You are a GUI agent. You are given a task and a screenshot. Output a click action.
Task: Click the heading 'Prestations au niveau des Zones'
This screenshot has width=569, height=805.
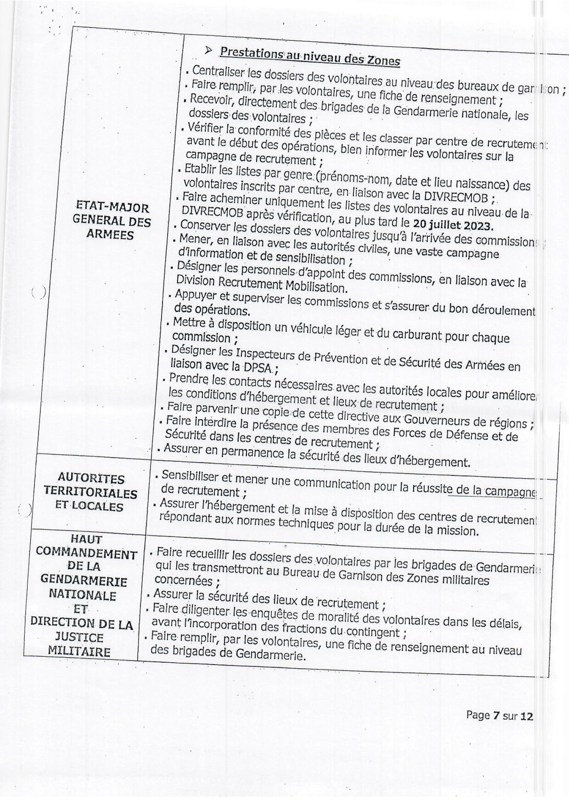pos(310,56)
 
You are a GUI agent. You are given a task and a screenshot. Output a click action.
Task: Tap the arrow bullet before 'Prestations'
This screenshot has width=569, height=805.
pos(209,51)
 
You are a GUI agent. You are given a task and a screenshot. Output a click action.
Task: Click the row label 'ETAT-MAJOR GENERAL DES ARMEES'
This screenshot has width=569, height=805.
pos(112,221)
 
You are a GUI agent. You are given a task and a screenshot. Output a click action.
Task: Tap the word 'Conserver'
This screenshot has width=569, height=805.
pos(205,226)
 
